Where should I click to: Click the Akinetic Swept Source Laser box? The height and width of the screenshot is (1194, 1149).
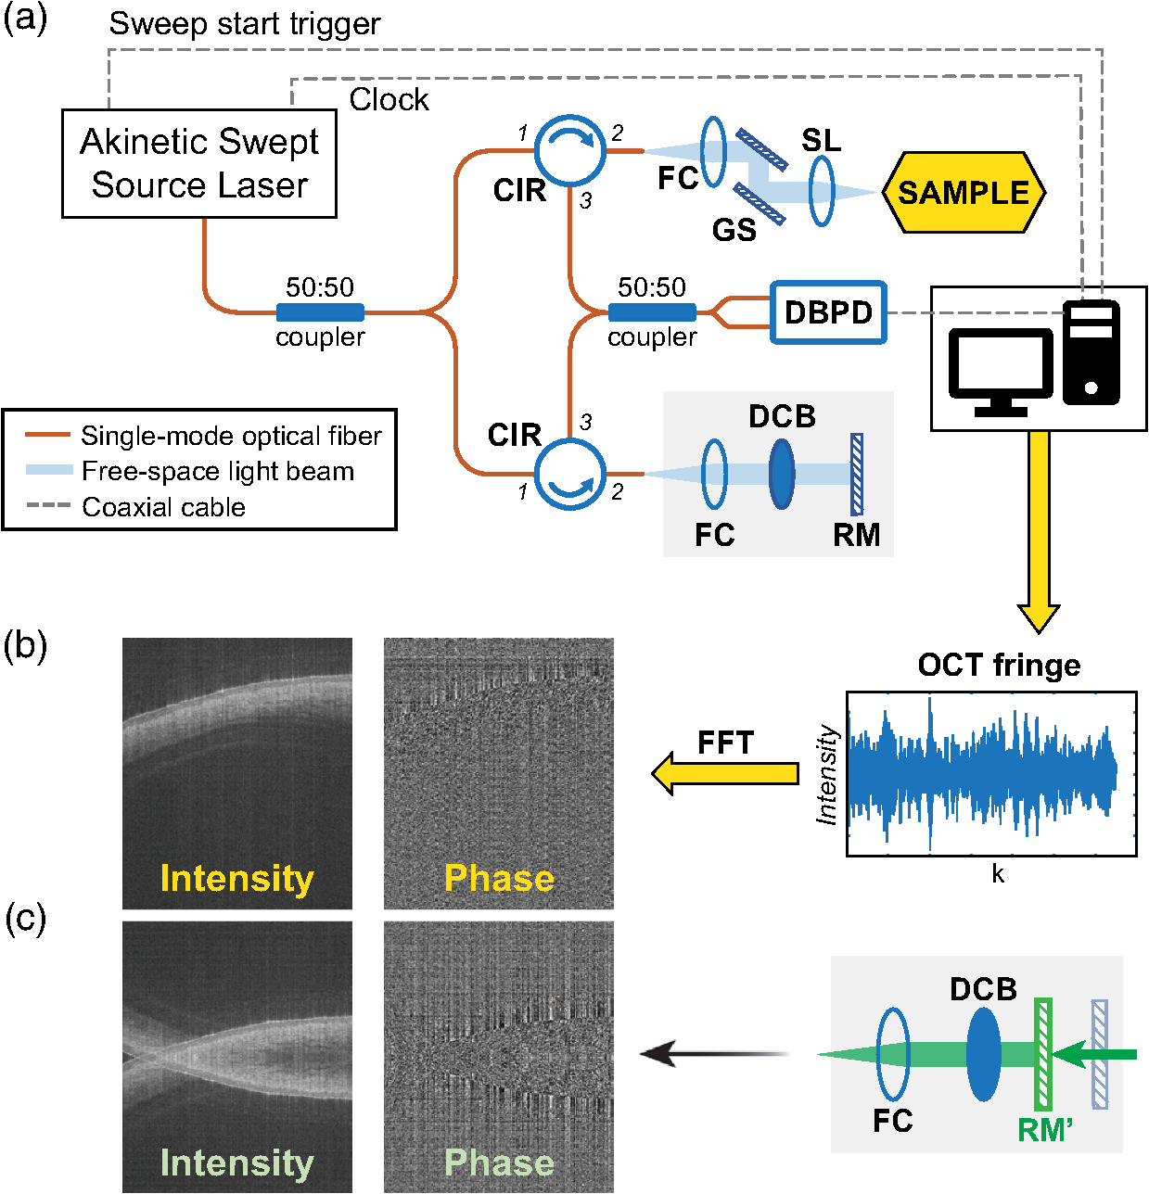tap(198, 164)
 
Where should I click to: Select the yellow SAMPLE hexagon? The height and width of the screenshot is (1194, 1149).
tap(963, 193)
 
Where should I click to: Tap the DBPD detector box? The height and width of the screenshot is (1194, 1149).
tap(828, 312)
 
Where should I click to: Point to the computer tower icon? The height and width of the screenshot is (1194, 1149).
tap(1091, 353)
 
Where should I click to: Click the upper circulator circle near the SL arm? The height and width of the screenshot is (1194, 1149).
tap(570, 149)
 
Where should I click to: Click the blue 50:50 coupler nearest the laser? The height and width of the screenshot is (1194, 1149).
tap(320, 312)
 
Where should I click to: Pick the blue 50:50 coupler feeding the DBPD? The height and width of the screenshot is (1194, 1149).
tap(652, 312)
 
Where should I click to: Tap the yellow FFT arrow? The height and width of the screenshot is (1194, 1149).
tap(724, 773)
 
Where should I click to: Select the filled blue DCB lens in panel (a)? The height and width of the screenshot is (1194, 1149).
tap(782, 474)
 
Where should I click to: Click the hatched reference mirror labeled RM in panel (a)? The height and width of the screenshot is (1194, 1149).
tap(856, 475)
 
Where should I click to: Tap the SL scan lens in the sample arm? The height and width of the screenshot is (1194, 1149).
tap(822, 191)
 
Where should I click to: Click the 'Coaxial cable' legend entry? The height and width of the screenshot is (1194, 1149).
tap(163, 507)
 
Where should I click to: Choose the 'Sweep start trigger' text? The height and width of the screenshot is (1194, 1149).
tap(245, 24)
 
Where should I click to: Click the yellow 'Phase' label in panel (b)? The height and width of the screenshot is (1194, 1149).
tap(499, 878)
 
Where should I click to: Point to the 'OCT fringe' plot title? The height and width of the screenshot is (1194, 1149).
tap(999, 665)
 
